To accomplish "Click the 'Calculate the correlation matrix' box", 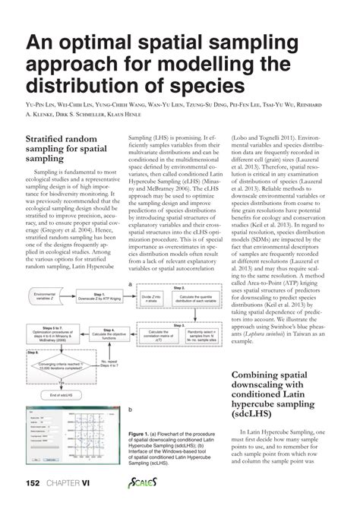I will [156, 334].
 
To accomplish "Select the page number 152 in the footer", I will [32, 483].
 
